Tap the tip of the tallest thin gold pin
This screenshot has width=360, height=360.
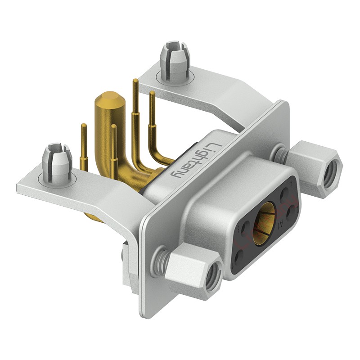(135, 81)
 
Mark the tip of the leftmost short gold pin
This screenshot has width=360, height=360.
(83, 126)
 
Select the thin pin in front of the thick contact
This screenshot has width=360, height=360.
(113, 130)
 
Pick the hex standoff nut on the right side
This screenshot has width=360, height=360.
(314, 168)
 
